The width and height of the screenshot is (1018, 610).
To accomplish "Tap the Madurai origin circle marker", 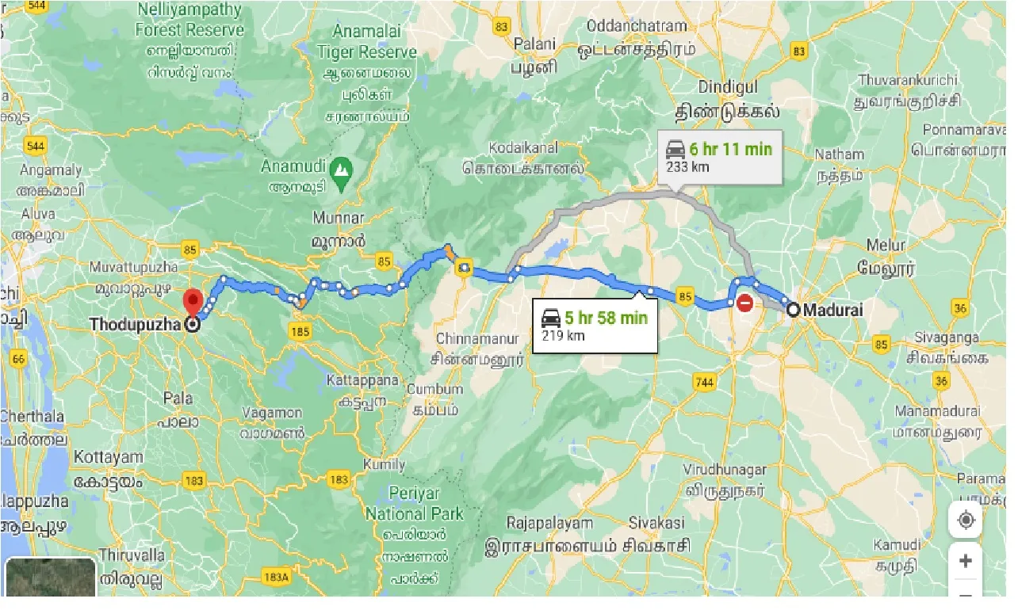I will coord(792,310).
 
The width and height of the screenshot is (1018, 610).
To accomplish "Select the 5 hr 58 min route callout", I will coord(595,326).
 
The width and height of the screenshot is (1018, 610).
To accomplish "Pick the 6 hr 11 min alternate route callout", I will coord(719,156).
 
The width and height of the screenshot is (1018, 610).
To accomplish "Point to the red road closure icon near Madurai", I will coord(745,303).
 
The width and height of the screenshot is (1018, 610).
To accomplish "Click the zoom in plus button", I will coord(965,561).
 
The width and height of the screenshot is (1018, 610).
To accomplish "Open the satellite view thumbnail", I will coord(51,578).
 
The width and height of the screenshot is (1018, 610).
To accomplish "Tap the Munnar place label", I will coord(339,218).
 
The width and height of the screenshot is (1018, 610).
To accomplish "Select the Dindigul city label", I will coord(728,86).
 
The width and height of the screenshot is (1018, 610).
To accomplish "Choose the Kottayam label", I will coord(108,457).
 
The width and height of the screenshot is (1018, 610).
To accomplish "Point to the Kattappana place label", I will coord(362,381).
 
